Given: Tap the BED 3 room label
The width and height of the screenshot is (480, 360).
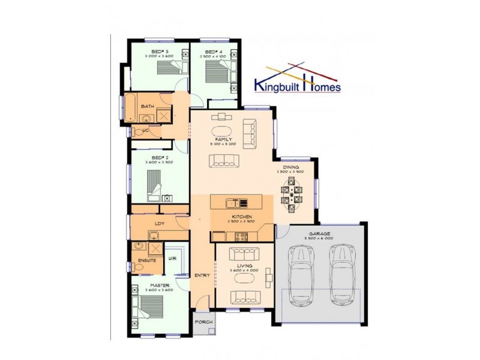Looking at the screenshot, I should click(158, 52).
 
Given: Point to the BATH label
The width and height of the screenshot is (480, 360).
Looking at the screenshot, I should click(147, 106).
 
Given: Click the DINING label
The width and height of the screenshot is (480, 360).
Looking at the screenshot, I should click(291, 167).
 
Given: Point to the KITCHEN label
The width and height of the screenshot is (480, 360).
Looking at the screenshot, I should click(242, 217).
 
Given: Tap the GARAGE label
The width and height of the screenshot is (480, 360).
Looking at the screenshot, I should click(319, 233).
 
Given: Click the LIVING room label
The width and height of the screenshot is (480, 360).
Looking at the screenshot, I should click(244, 265).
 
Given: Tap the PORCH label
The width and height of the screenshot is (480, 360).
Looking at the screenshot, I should click(202, 322).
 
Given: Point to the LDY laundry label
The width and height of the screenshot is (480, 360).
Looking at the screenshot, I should click(160, 224).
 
